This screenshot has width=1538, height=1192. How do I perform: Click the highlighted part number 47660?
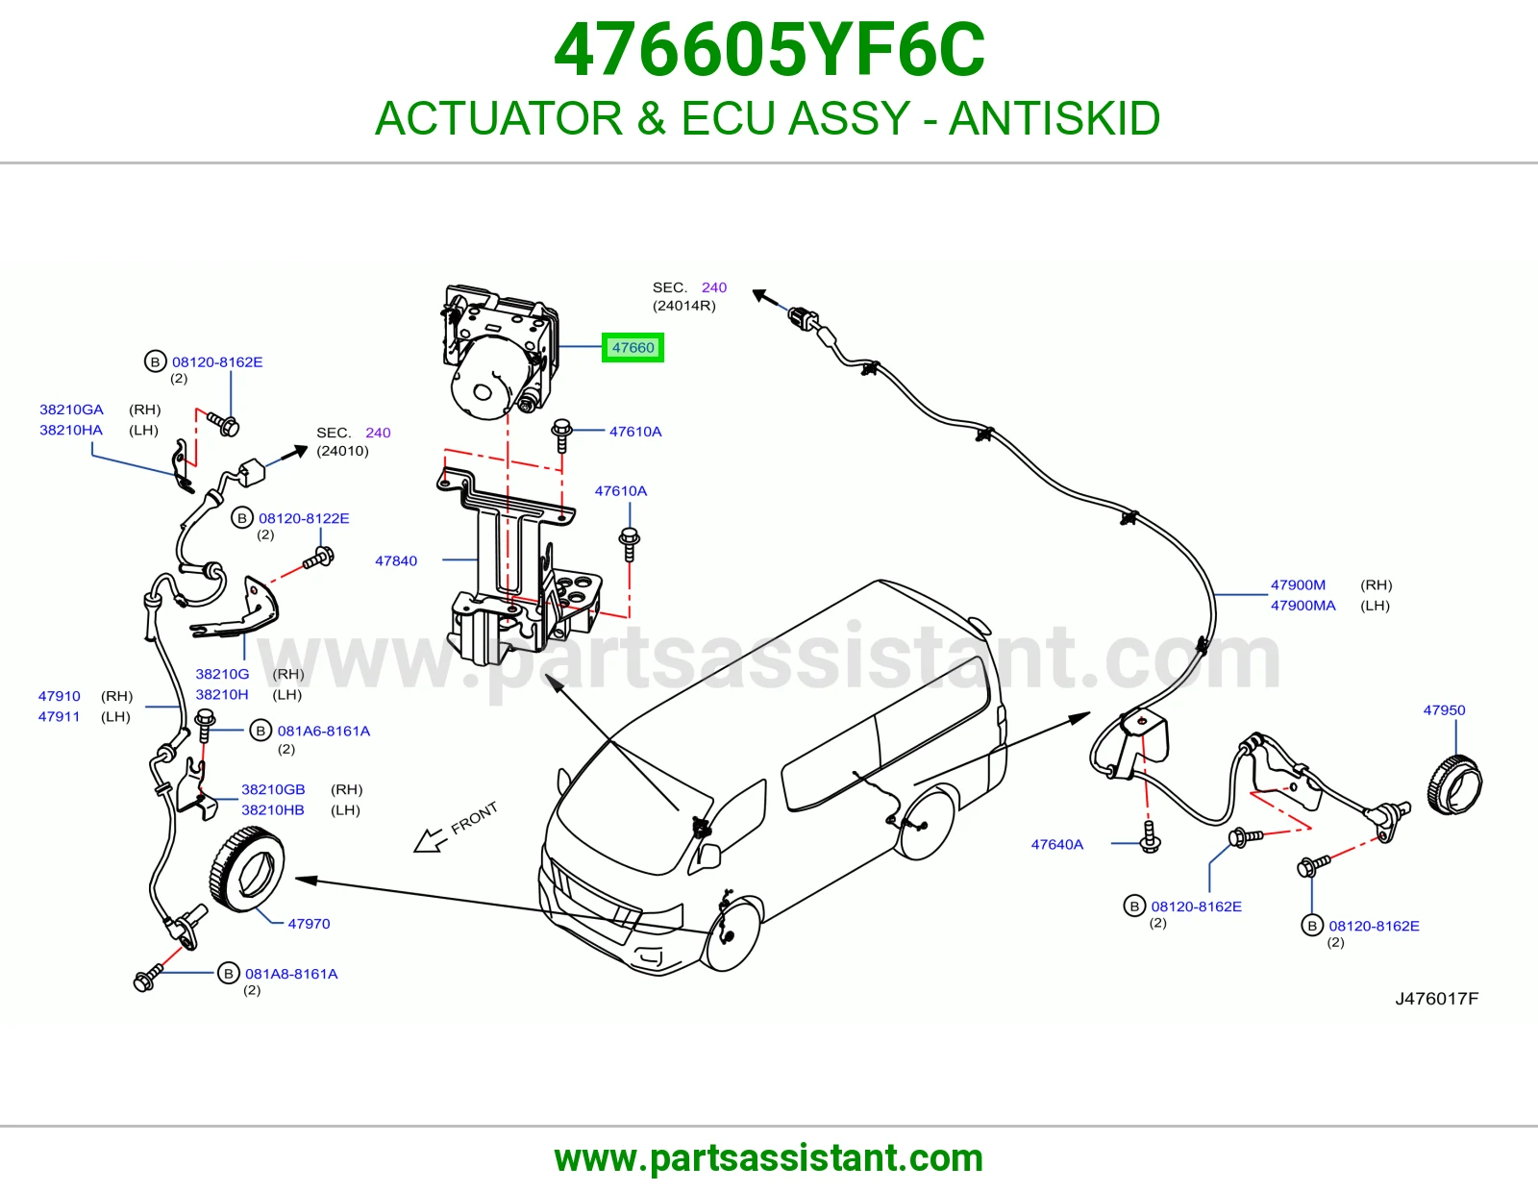coord(633,348)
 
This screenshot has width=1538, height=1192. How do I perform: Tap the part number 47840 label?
coord(396,560)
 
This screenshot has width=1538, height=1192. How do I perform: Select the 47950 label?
coord(1444,710)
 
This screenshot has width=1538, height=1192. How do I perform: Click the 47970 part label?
coord(309,923)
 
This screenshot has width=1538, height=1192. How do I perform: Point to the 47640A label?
coord(1056,844)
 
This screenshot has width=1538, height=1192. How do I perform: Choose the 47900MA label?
coord(1303,606)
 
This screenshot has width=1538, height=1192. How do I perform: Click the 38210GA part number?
coord(71,410)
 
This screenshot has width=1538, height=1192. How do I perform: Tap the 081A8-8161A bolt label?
coord(291,973)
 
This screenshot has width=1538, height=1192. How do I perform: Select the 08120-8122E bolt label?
coord(304,518)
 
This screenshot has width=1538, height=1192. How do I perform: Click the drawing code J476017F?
coord(1436,998)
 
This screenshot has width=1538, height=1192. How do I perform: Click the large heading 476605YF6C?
coord(769,50)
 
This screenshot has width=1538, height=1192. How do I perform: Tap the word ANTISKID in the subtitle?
coord(1054,118)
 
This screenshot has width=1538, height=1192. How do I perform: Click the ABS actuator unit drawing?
coord(500,351)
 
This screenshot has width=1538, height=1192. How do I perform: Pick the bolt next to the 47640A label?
coord(1150,836)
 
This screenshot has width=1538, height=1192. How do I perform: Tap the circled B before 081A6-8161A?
coord(260,731)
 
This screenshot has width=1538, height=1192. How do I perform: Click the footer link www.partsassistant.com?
coord(769,1158)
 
